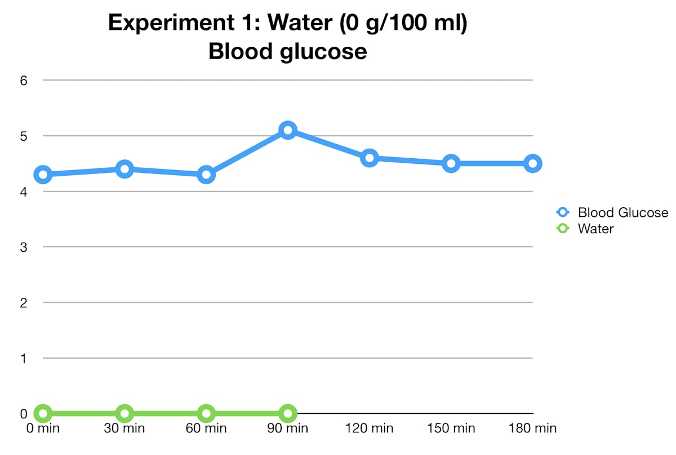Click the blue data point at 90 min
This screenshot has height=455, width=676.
[288, 130]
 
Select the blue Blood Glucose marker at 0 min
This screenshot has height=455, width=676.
[43, 175]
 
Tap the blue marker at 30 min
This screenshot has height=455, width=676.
[124, 169]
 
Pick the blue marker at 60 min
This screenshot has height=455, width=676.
[206, 175]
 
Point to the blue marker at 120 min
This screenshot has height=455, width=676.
[370, 158]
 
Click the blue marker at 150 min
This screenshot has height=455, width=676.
[451, 163]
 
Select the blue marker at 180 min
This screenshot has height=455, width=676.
[533, 163]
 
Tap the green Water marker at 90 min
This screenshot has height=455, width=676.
[288, 413]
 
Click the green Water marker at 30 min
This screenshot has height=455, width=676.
[124, 413]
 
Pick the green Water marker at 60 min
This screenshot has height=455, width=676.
[206, 413]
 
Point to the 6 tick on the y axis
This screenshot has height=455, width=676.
[24, 80]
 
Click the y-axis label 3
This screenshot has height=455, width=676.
[24, 247]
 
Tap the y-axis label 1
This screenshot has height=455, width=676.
[24, 358]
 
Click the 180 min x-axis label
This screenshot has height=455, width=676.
[533, 429]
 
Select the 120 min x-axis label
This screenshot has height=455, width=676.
[370, 429]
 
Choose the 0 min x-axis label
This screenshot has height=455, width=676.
[43, 429]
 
